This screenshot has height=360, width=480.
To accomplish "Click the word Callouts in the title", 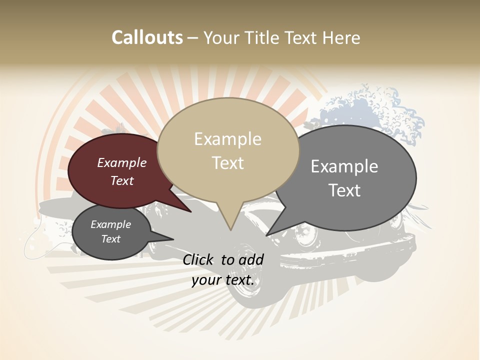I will [x=147, y=37].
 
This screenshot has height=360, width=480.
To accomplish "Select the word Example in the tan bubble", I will [x=227, y=139].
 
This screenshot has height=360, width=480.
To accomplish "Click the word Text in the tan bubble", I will [x=228, y=163].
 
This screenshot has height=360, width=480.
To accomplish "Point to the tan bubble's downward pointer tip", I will [x=230, y=229].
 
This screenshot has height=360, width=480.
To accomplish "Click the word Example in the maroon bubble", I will [x=121, y=163].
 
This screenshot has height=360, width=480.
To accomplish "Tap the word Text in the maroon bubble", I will [x=122, y=180].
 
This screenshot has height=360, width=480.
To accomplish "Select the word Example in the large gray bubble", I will [x=344, y=166].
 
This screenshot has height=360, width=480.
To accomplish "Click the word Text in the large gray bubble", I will [x=344, y=190].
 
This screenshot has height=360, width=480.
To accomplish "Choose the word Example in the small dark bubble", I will [x=110, y=224].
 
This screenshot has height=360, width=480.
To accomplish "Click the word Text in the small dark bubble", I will [x=110, y=239].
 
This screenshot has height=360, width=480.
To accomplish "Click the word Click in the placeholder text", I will [x=198, y=259].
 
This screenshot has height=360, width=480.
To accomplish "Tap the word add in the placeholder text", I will [x=251, y=259].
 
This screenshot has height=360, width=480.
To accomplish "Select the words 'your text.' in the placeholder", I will [x=222, y=280].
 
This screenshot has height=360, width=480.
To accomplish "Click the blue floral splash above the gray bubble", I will [x=370, y=107].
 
